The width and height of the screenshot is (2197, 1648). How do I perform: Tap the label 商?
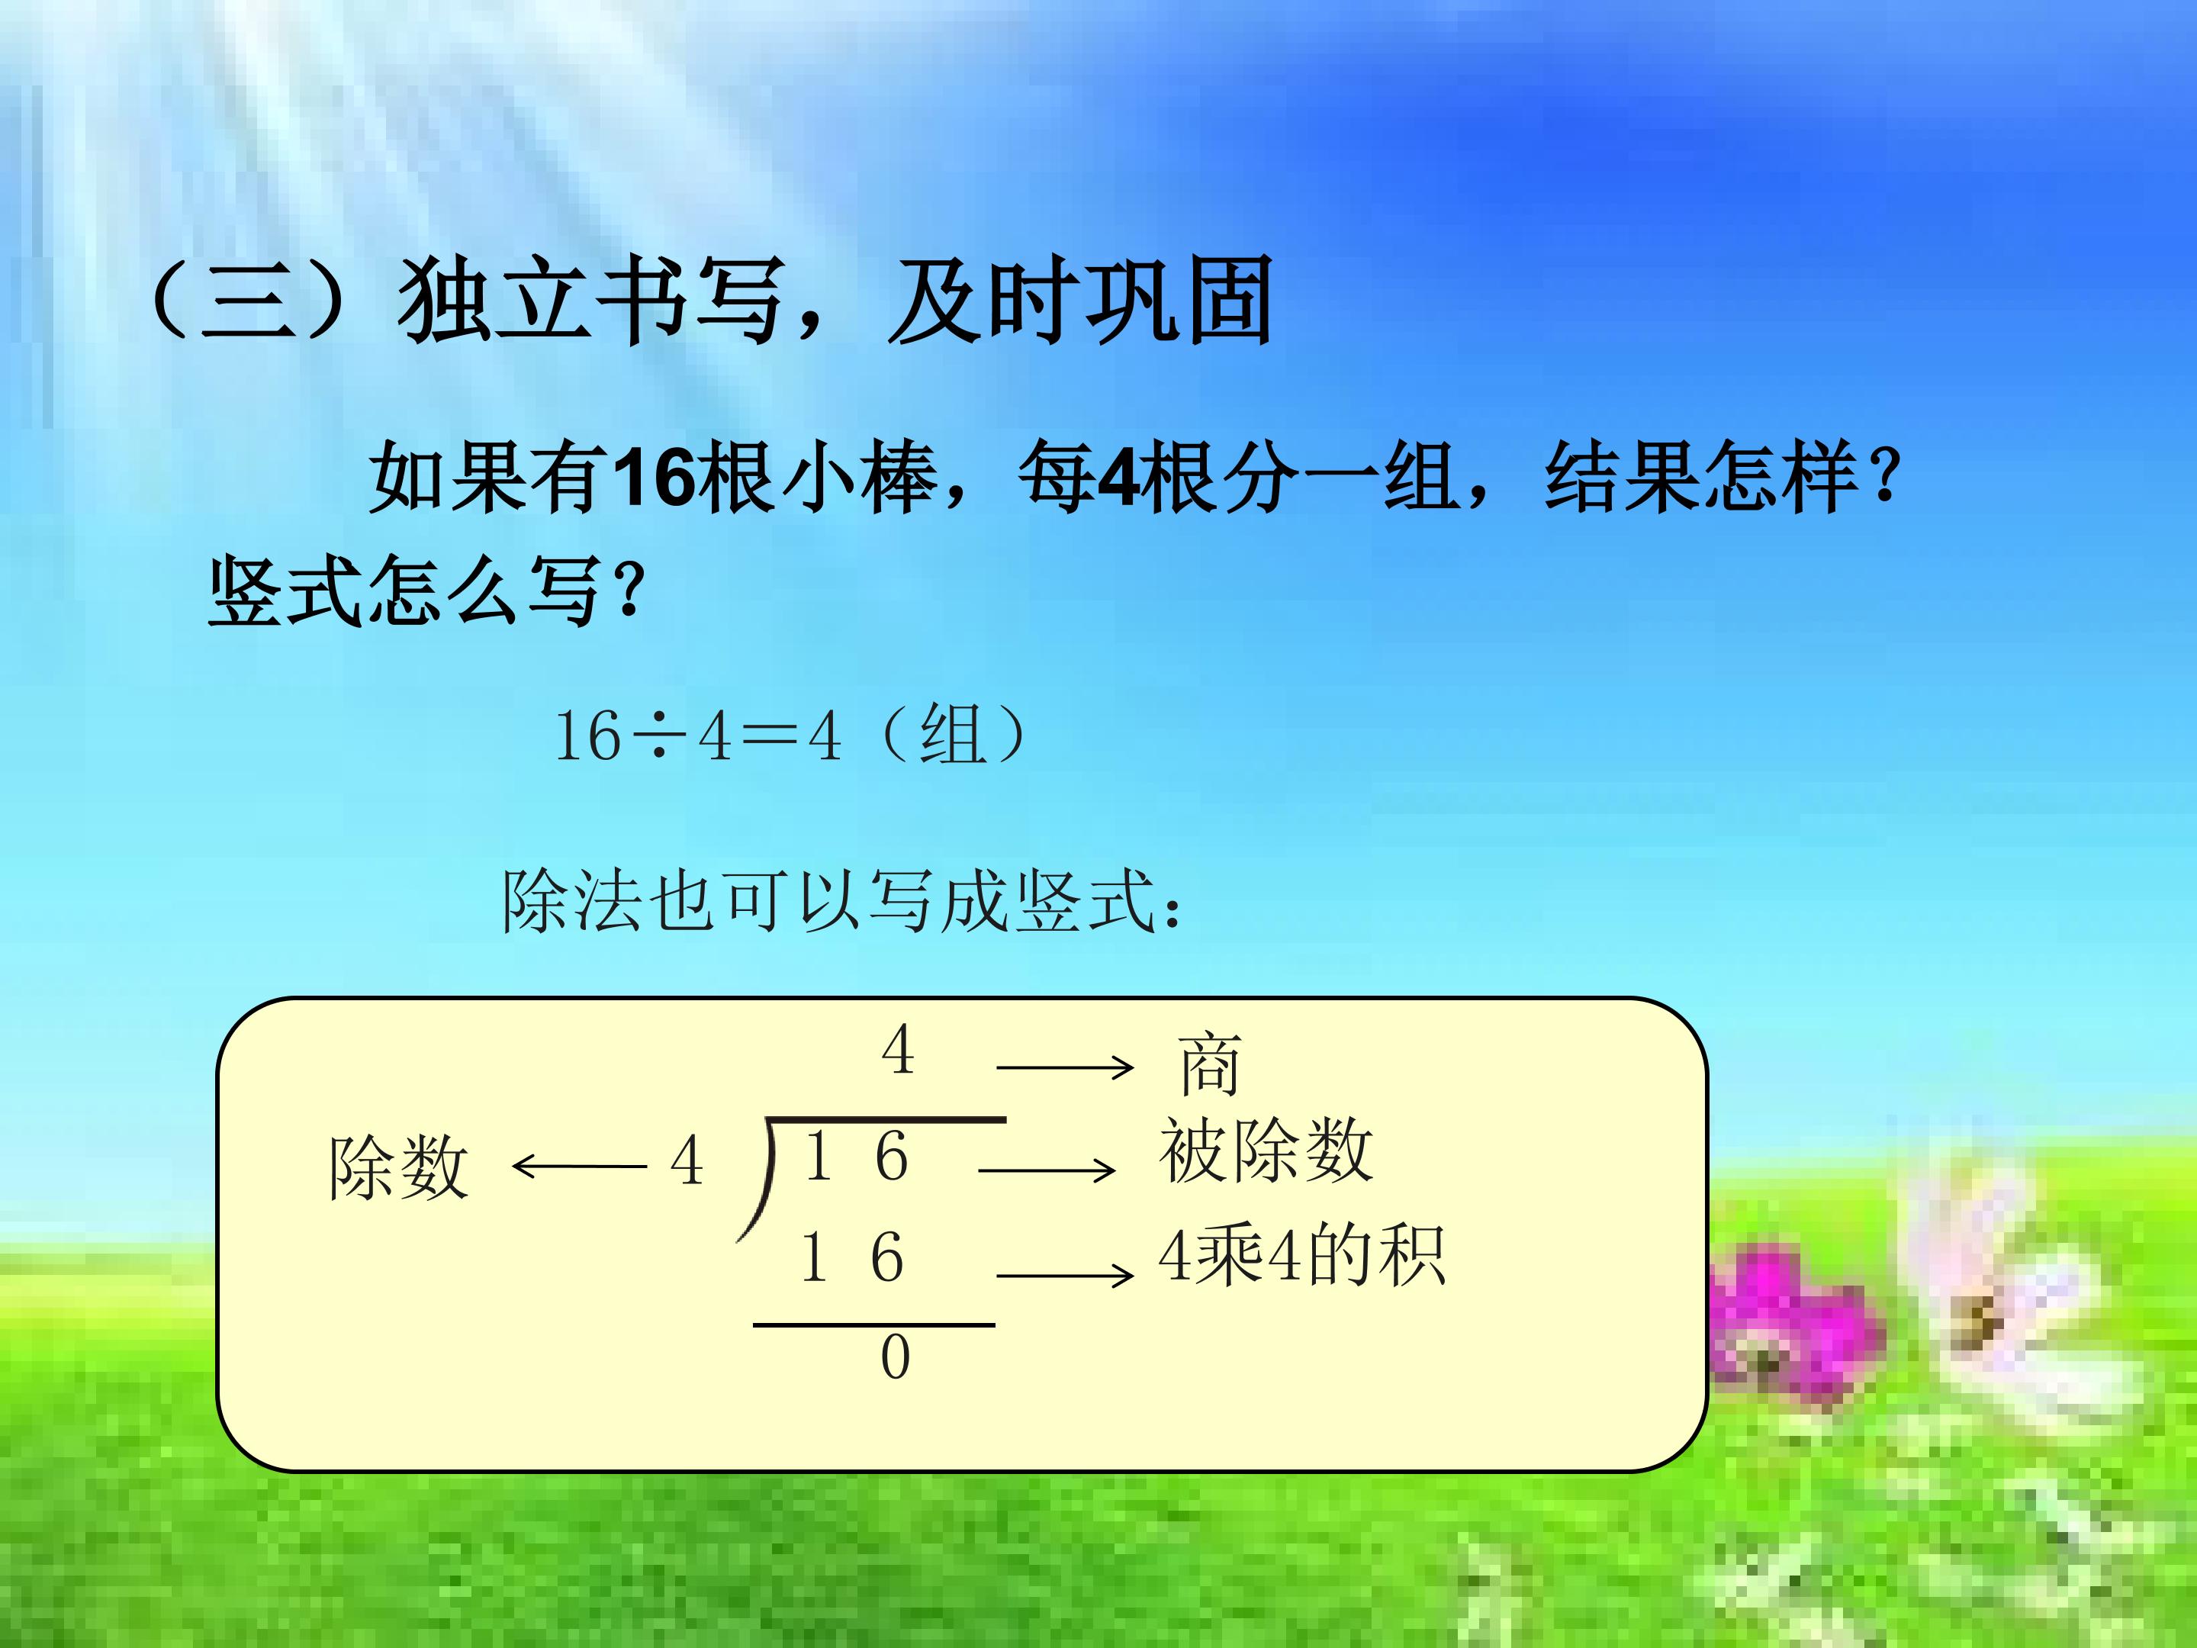(1210, 1065)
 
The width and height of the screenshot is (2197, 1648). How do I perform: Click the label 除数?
(398, 1168)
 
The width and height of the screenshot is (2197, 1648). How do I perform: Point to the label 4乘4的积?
(1301, 1257)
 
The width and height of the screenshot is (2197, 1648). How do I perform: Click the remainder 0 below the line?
(895, 1358)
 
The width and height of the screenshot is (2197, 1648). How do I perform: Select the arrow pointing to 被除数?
(1047, 1170)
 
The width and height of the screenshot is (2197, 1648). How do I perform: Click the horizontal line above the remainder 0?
(874, 1325)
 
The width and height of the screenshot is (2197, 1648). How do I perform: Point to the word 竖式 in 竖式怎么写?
(286, 592)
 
